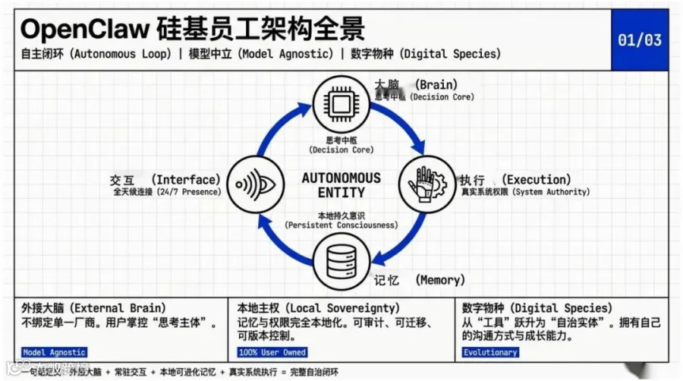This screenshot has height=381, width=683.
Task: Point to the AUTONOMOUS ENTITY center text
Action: pos(341,185)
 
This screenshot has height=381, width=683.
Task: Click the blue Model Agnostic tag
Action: pos(54,352)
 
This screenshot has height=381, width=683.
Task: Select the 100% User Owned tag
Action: pos(272,352)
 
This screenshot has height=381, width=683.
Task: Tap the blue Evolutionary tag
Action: pos(489,352)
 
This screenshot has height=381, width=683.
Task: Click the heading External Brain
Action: pos(94,308)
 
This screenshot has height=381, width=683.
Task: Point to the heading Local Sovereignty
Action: pos(319,308)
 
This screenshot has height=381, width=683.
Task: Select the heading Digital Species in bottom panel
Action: pos(537,308)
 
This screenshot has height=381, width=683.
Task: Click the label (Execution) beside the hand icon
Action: pos(537,180)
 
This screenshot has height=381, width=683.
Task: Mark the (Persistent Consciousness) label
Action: pos(341,225)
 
